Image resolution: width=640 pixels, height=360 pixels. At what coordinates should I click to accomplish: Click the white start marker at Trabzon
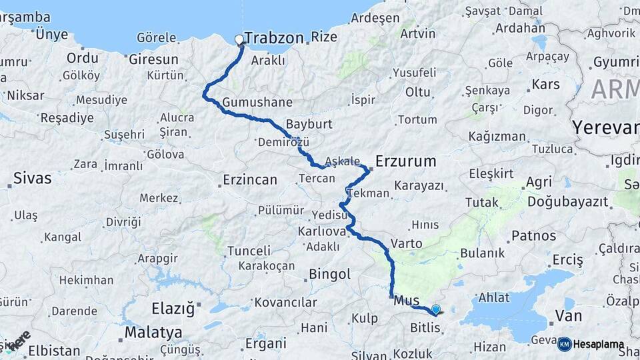[x=239, y=39]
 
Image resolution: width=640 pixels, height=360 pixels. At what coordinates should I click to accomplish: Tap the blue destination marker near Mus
[x=436, y=309]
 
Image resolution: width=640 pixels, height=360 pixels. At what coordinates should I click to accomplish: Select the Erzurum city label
[x=405, y=161]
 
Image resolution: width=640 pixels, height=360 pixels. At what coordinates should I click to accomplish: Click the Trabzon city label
[x=274, y=38]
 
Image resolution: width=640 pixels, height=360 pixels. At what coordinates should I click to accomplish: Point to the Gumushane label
[x=257, y=103]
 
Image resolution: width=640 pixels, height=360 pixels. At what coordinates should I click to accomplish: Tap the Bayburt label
[x=309, y=124]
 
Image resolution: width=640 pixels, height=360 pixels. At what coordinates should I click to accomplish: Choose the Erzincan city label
[x=249, y=180]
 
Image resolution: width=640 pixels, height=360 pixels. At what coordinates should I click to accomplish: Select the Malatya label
[x=153, y=332]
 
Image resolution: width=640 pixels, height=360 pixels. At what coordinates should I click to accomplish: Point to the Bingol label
[x=329, y=274]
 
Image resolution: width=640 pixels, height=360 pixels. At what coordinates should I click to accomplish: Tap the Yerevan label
[x=605, y=127]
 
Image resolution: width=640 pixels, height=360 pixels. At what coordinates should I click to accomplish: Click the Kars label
[x=545, y=85]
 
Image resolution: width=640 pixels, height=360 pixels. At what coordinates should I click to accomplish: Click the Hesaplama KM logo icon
[x=565, y=344]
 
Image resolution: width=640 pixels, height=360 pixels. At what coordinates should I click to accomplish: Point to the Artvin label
[x=419, y=34]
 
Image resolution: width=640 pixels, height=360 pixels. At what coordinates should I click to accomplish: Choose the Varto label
[x=406, y=243]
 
